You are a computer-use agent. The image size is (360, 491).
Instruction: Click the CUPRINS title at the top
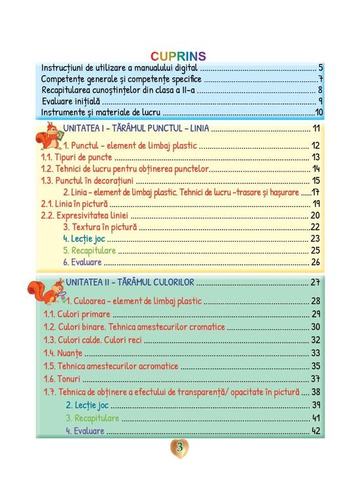[178, 56]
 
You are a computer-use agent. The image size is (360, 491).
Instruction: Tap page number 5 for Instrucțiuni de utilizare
[321, 67]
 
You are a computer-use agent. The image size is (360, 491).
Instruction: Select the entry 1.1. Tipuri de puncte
[77, 157]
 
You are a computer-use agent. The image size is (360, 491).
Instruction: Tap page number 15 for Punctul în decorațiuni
[315, 181]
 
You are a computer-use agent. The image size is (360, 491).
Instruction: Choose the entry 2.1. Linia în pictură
[75, 204]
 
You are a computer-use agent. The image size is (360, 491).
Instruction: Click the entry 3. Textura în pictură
[100, 227]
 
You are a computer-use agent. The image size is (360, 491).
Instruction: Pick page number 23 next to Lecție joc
[315, 239]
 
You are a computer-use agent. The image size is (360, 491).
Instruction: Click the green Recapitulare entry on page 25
[90, 251]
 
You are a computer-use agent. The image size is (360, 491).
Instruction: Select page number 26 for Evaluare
[315, 263]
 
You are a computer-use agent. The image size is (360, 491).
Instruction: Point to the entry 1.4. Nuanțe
[58, 353]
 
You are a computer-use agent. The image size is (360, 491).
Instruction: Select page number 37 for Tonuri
[315, 379]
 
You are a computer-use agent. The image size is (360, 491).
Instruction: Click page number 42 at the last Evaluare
[315, 431]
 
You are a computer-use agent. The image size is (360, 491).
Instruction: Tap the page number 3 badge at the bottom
[179, 448]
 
